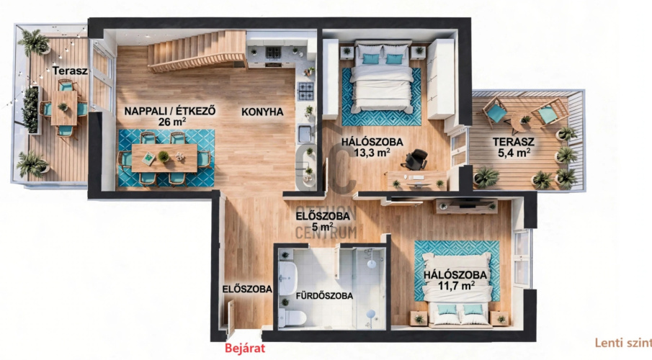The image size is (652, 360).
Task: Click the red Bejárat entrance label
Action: click(x=244, y=348)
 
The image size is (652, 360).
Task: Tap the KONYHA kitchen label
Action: click(x=262, y=112)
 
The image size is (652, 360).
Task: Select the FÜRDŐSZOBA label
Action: click(x=324, y=296)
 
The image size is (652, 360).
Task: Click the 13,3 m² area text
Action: click(x=372, y=153)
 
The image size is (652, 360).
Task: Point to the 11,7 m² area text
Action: click(x=457, y=286)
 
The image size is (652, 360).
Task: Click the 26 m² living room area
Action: click(x=171, y=122)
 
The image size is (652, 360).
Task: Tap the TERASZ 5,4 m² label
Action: click(x=514, y=147)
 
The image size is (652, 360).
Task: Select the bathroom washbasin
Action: click(x=287, y=278)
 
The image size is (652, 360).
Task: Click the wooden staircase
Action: click(x=197, y=50)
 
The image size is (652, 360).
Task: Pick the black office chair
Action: click(x=416, y=159)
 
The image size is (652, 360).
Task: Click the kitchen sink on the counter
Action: click(x=305, y=134)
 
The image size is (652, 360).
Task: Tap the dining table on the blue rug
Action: click(x=165, y=158)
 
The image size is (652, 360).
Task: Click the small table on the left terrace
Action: click(x=64, y=108)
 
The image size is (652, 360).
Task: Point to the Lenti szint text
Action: click(x=623, y=343)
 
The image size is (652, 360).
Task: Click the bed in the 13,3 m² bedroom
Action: click(x=382, y=77)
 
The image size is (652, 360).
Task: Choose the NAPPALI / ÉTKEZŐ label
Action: click(x=170, y=111)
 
